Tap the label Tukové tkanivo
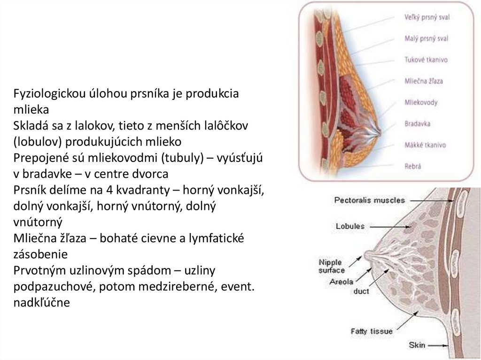coord(426,60)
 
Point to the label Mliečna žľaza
coord(423,81)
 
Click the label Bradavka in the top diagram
coord(418,124)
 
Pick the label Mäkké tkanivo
coord(425,145)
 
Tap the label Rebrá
coord(412,166)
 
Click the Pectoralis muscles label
coord(369,200)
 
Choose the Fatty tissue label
coord(372,331)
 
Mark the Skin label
coord(417,345)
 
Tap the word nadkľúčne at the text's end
coord(42,302)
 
